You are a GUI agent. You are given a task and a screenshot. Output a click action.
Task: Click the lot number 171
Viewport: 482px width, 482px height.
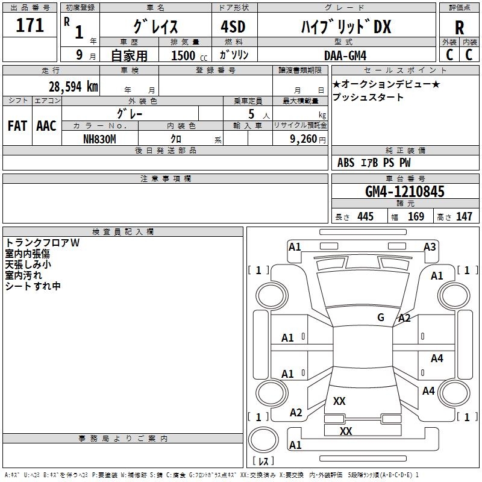tap(30, 25)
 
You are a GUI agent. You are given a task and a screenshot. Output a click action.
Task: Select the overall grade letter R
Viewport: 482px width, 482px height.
tap(459, 27)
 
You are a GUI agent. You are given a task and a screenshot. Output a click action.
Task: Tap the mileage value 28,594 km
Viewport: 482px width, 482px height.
tap(74, 86)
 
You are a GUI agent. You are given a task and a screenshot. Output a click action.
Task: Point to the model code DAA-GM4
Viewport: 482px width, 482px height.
tap(345, 55)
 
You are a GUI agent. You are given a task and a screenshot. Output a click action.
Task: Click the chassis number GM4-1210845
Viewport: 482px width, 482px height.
tap(404, 192)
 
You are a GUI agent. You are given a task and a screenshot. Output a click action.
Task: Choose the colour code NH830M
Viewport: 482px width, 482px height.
tap(99, 139)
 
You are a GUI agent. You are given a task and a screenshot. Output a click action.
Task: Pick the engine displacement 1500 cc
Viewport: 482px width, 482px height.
tap(189, 55)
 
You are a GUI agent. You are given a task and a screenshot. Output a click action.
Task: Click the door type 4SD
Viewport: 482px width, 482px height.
tap(233, 27)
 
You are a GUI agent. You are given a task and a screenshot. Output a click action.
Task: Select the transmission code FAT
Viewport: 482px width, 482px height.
tap(17, 126)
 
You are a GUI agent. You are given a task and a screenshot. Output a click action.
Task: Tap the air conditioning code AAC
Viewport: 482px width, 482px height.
tap(46, 126)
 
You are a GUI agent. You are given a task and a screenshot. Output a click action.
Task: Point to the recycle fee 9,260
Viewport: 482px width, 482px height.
tap(304, 139)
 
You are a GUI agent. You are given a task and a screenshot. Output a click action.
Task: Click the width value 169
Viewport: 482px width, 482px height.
tap(416, 216)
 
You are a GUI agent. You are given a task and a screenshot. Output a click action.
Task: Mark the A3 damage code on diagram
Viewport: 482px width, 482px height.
tap(430, 247)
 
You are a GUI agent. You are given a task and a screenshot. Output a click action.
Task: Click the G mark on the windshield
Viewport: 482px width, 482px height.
tap(381, 317)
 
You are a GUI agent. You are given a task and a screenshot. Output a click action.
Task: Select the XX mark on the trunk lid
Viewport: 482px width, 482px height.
tap(339, 401)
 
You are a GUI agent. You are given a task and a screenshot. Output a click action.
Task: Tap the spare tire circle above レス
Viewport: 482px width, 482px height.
tap(263, 440)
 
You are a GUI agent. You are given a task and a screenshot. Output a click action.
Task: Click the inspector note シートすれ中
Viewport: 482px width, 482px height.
tap(33, 286)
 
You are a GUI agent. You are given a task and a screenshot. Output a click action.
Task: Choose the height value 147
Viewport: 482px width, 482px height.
tap(464, 216)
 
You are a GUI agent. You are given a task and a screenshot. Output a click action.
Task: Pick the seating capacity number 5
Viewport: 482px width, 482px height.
tap(251, 114)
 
